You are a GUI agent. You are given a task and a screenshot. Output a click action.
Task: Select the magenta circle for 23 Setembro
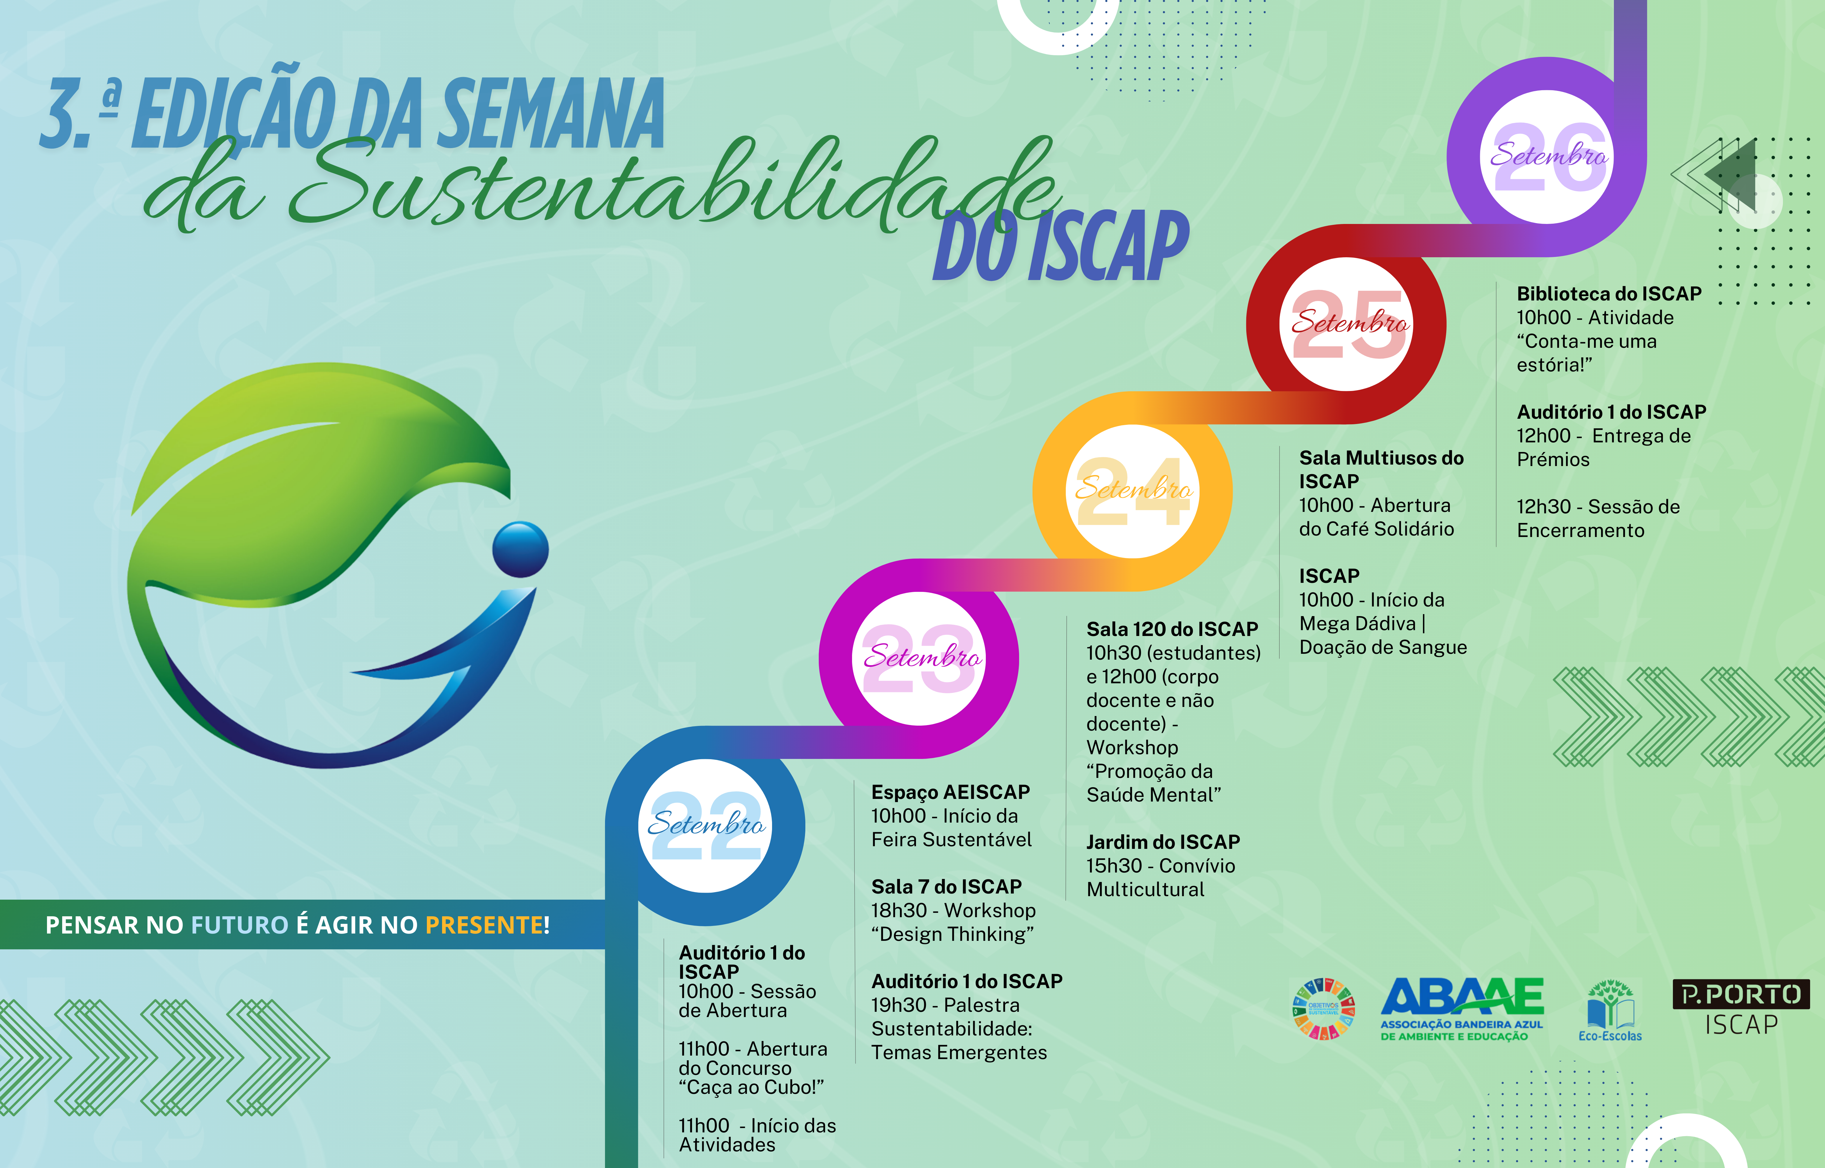(919, 658)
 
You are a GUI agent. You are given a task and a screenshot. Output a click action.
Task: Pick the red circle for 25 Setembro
(1347, 324)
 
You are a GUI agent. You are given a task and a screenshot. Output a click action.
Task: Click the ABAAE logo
(1462, 1009)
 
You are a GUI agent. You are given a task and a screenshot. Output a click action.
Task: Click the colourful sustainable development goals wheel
(1324, 1009)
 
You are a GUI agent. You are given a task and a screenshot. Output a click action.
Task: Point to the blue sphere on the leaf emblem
(520, 549)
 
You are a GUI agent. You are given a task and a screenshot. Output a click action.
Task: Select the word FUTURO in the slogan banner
(240, 925)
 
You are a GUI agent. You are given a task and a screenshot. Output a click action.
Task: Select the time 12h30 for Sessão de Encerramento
(1544, 507)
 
